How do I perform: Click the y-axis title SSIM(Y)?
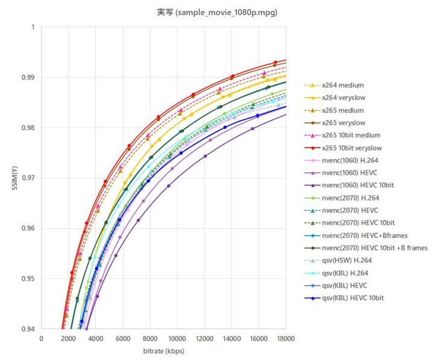[x=15, y=178]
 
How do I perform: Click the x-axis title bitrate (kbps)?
[x=163, y=351]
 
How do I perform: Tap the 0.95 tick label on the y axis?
[x=29, y=279]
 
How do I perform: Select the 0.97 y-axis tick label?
[x=29, y=178]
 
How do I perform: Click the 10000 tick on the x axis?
[x=177, y=338]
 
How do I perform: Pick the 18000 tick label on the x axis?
[x=286, y=338]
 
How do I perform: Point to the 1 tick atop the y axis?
[x=36, y=27]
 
